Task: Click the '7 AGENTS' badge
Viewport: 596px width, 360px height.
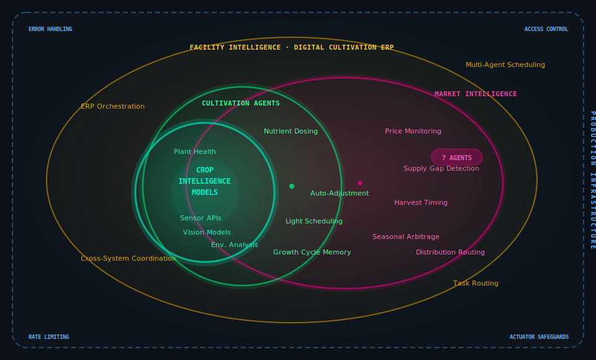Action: (457, 158)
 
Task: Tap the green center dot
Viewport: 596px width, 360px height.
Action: (292, 186)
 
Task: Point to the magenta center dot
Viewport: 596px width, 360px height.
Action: (360, 183)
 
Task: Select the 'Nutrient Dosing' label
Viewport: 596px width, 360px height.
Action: (291, 132)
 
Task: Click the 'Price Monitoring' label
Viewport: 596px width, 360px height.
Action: (413, 132)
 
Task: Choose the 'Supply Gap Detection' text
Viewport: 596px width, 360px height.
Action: (441, 169)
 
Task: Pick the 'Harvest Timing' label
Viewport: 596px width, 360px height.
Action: (420, 203)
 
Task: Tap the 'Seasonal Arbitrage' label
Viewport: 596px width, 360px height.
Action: (405, 237)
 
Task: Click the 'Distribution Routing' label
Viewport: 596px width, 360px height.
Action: (450, 253)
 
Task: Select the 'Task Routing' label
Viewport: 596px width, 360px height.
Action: (476, 284)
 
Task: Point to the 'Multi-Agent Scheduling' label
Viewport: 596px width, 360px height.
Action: (505, 65)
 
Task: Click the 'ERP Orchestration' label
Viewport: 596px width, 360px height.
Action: (112, 107)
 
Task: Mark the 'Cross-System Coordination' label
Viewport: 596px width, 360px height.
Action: (128, 259)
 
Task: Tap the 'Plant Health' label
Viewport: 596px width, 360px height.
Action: (195, 152)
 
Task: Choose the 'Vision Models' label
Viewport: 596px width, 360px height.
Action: (207, 233)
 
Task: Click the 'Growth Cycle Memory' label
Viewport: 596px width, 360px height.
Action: (312, 253)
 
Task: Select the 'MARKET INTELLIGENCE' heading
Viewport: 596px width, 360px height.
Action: (476, 94)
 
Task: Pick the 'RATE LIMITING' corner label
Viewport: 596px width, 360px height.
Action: (48, 337)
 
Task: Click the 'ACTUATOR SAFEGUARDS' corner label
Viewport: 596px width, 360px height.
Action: (539, 337)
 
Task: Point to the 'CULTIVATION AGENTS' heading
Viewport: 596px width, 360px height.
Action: (241, 104)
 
